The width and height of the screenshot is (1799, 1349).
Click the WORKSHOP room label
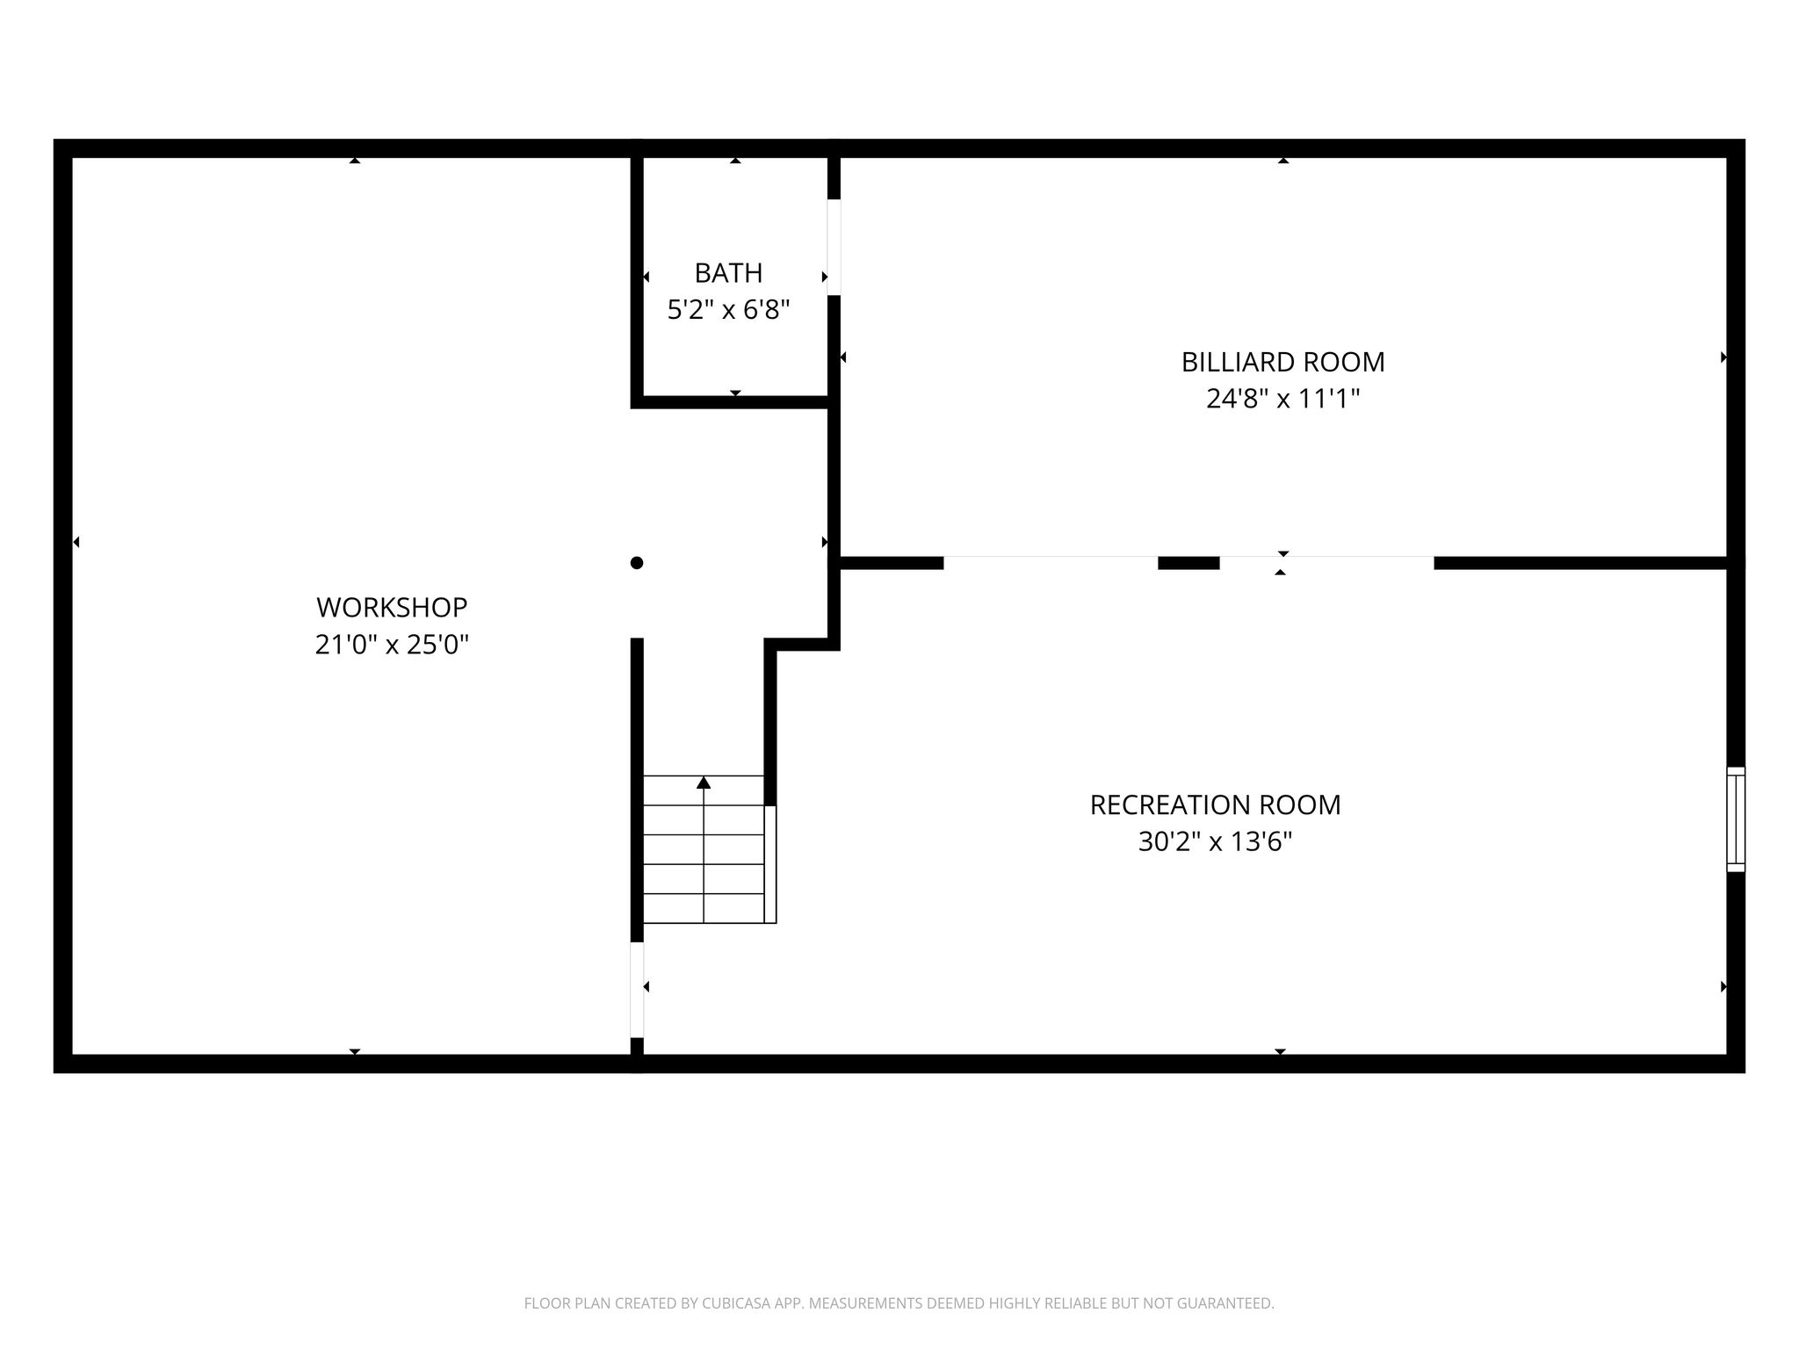coord(392,607)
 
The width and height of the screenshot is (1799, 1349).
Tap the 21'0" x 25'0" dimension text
coord(392,645)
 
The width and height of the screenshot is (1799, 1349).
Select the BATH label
coord(728,273)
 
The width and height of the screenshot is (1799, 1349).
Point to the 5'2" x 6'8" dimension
coord(728,310)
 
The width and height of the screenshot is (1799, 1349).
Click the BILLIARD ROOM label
coord(1282,362)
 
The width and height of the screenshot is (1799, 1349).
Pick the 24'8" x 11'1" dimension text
coord(1282,399)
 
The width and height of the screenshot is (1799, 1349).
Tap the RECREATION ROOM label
coord(1215,804)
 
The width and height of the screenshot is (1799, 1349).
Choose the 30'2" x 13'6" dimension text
coord(1215,842)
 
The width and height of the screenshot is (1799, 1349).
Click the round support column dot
coord(637,563)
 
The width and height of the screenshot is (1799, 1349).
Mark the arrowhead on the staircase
coord(704,783)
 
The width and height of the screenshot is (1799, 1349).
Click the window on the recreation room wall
coord(1736,819)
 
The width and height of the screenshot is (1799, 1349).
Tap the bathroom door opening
coord(834,248)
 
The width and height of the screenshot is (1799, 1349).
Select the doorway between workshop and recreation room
coord(637,990)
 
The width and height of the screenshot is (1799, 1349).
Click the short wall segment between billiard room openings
coord(1188,563)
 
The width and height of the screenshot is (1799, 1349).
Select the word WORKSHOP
coord(392,607)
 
